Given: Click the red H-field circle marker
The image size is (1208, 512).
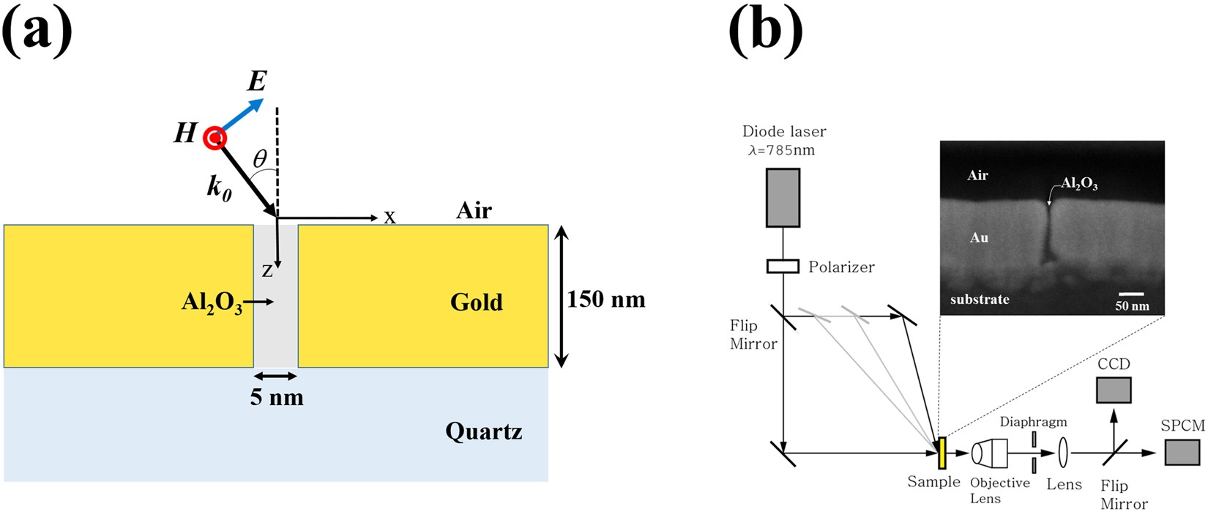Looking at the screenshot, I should click(215, 138).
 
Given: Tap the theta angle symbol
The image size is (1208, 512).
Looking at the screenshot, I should click(260, 158).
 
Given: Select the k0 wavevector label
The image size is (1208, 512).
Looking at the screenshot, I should click(219, 188).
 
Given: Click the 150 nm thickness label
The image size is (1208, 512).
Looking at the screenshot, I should click(606, 299).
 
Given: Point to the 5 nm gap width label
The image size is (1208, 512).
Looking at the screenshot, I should click(277, 397).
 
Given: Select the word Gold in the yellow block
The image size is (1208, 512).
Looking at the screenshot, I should click(476, 302).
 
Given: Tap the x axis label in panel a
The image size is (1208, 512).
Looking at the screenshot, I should click(390, 218).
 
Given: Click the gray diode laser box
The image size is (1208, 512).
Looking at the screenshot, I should click(783, 198).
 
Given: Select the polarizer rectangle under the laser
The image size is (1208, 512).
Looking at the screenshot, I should click(783, 266).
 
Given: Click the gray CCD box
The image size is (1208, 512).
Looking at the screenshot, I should click(1114, 390).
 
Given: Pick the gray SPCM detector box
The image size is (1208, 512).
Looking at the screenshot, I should click(1182, 452).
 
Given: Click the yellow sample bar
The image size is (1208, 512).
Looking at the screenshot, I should click(942, 453).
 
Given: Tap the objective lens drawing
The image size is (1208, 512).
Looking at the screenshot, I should click(990, 453).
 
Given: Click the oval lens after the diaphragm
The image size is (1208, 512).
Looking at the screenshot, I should click(1063, 453).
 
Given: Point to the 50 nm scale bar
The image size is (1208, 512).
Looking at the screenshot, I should click(1131, 294).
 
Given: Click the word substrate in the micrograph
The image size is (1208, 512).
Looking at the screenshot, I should click(980, 299).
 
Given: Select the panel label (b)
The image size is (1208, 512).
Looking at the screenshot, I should click(765, 31).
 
